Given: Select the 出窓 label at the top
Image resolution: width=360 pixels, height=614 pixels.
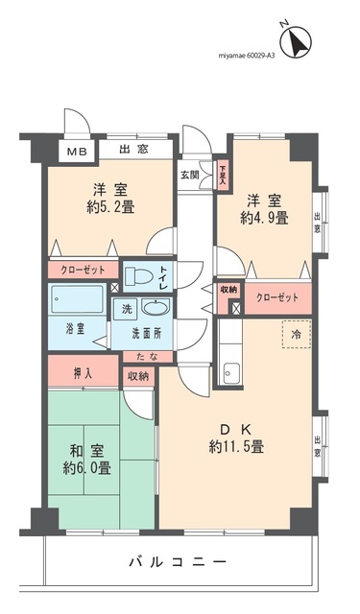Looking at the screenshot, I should tap(134, 149).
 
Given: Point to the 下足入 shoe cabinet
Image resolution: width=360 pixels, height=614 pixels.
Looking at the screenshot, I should tap(222, 174).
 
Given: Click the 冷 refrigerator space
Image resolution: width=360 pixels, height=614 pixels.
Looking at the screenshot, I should tap(296, 335).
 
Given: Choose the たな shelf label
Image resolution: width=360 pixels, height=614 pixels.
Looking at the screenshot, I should tap(141, 357).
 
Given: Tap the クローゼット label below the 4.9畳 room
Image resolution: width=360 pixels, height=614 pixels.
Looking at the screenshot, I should tap(276, 298).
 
